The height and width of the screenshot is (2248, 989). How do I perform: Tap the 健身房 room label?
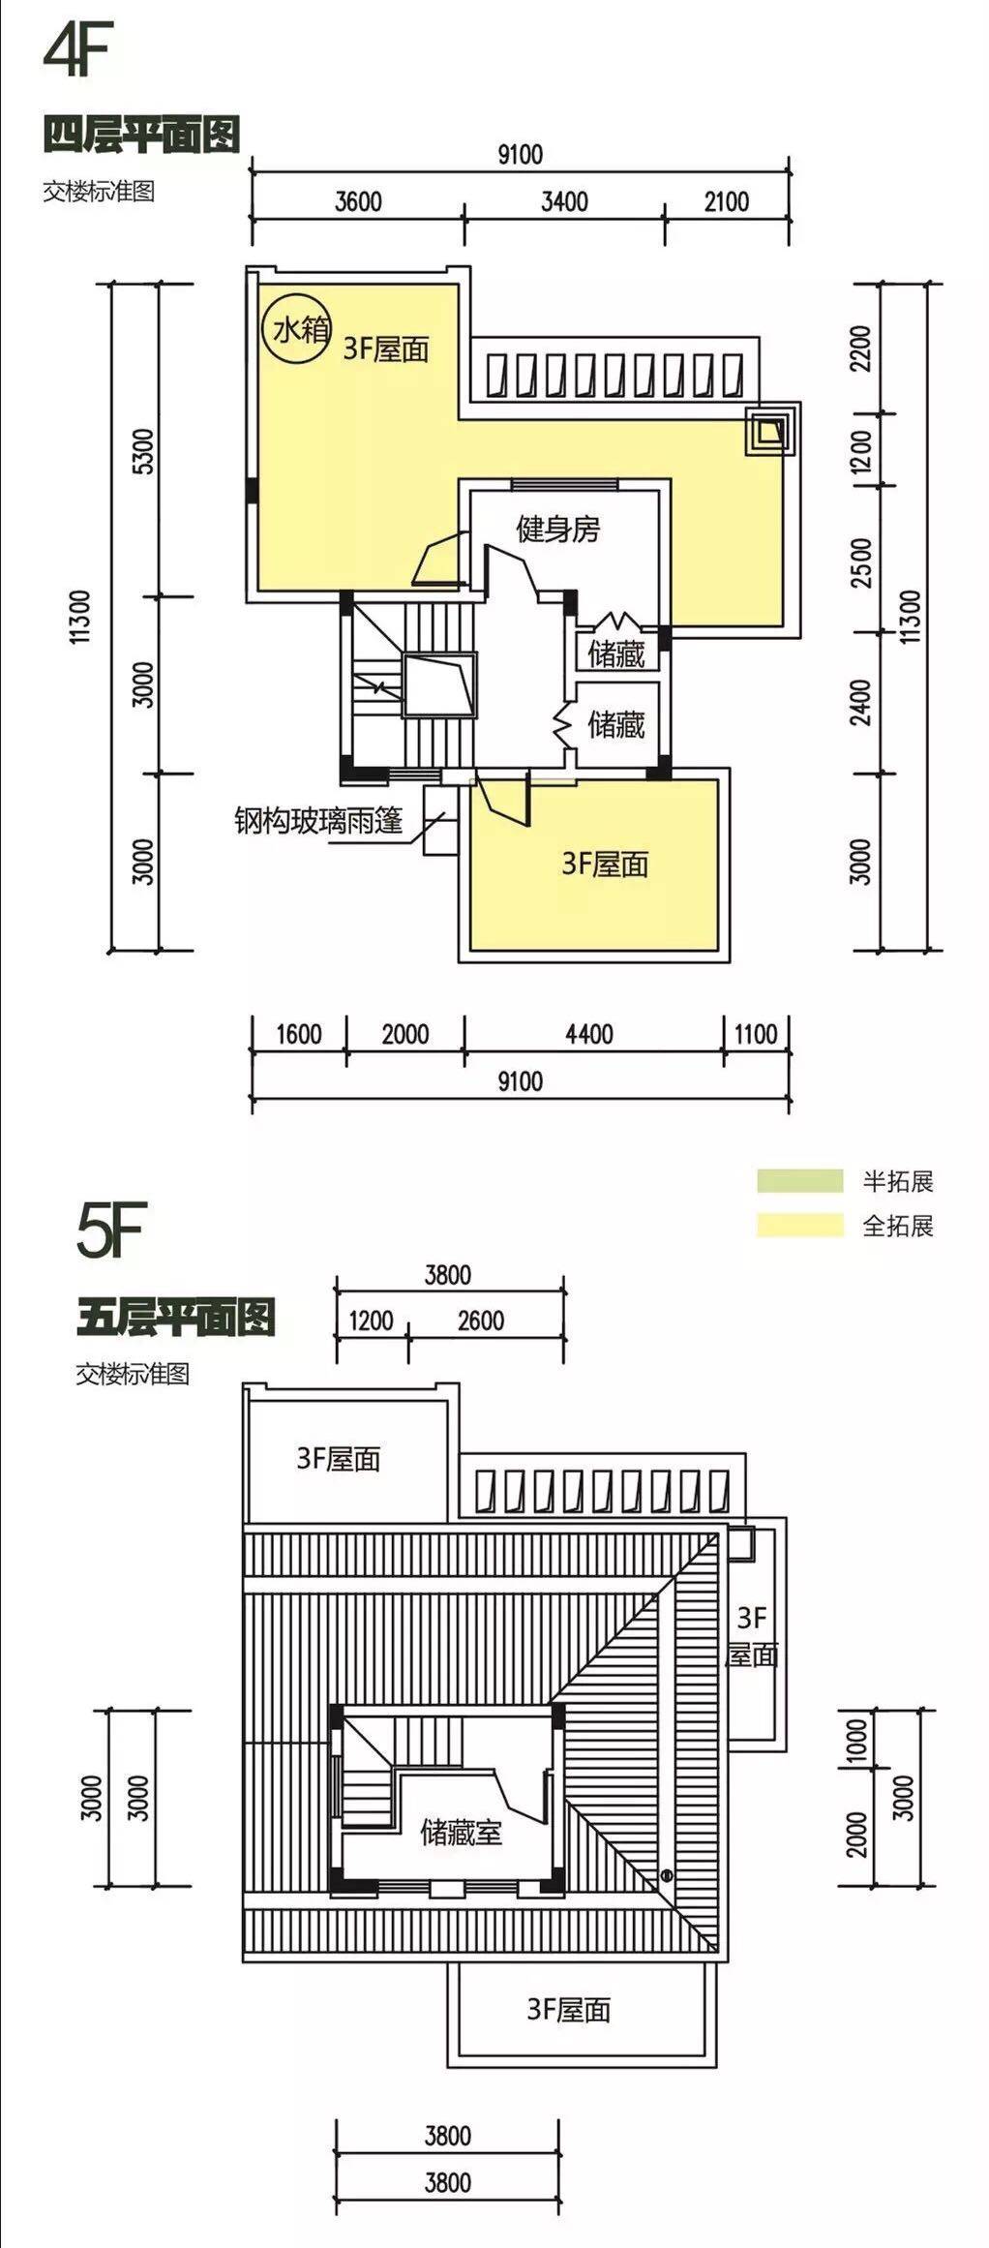click(557, 530)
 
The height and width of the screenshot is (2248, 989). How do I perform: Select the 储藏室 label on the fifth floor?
click(461, 1832)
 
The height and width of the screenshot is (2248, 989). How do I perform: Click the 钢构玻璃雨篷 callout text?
click(317, 821)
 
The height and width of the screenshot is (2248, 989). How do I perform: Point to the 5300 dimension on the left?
click(142, 451)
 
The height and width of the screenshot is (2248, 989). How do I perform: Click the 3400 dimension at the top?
click(564, 201)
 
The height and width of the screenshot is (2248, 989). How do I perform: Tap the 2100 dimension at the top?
click(726, 201)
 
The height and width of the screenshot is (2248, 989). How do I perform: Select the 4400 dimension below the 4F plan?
click(588, 1034)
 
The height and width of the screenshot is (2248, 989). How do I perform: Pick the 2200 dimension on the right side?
click(860, 349)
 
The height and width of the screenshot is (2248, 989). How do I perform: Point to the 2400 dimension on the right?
click(860, 702)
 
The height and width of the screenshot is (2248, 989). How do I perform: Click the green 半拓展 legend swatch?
click(799, 1180)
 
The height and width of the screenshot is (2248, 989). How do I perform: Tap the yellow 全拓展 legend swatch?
click(799, 1225)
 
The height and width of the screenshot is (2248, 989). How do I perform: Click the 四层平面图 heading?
click(141, 135)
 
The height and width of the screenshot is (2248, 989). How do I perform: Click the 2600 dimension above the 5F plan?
click(481, 1321)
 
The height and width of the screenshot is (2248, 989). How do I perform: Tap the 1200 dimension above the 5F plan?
click(371, 1321)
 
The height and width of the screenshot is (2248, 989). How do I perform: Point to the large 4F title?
click(78, 50)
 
